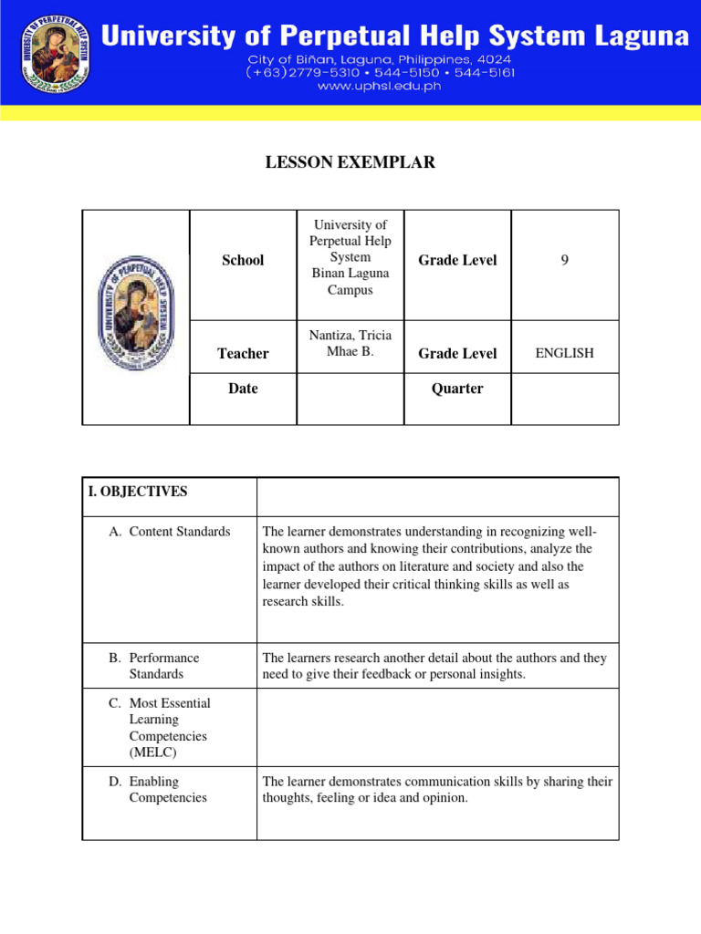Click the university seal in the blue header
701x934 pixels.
pyautogui.click(x=54, y=53)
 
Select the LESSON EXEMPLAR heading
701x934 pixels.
pyautogui.click(x=350, y=163)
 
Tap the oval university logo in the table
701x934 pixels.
pyautogui.click(x=136, y=312)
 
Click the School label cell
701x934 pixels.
pyautogui.click(x=243, y=261)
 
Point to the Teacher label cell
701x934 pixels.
pyautogui.click(x=243, y=354)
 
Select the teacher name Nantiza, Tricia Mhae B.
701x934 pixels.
pyautogui.click(x=350, y=344)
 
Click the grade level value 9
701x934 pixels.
pyautogui.click(x=565, y=261)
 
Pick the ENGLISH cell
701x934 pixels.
pyautogui.click(x=564, y=354)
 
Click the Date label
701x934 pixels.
pyautogui.click(x=243, y=389)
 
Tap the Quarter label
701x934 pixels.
pyautogui.click(x=457, y=389)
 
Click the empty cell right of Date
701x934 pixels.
pyautogui.click(x=350, y=399)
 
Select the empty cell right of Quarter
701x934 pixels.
pyautogui.click(x=564, y=399)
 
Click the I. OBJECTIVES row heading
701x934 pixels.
pyautogui.click(x=138, y=492)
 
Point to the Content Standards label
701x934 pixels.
pyautogui.click(x=179, y=532)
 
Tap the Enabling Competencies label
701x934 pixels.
pyautogui.click(x=168, y=790)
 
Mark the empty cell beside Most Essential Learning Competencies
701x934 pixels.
pyautogui.click(x=437, y=727)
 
